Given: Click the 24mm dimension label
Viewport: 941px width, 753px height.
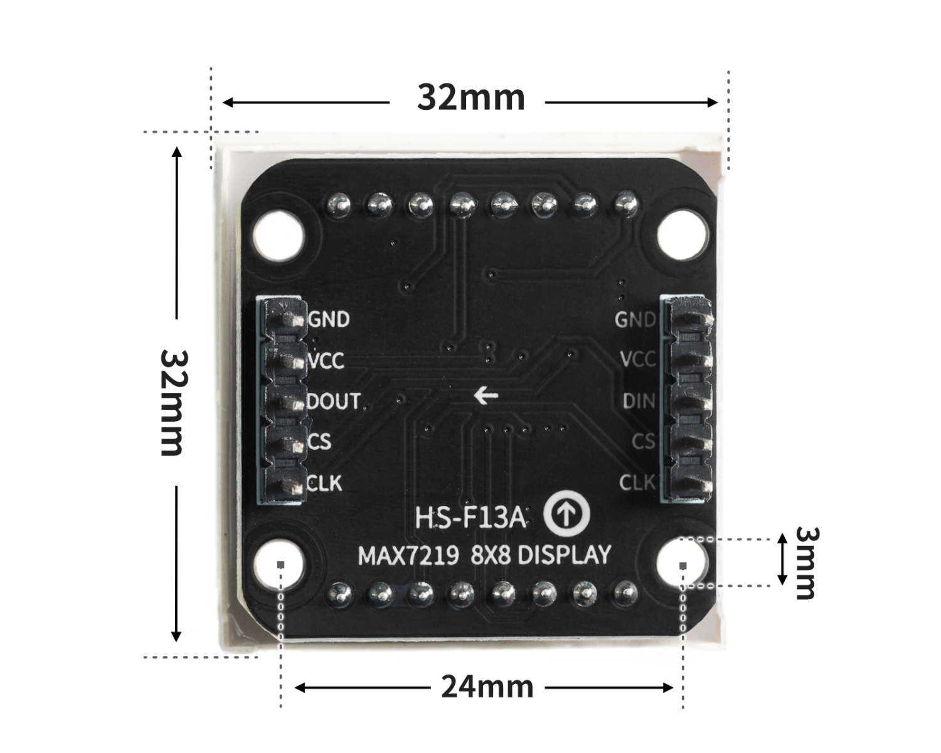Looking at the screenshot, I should click(x=487, y=687).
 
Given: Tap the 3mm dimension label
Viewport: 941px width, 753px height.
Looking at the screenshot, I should click(x=806, y=562).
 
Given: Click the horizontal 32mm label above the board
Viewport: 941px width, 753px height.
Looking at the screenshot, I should click(x=471, y=99).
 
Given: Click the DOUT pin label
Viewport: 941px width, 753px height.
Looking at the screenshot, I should click(x=334, y=402).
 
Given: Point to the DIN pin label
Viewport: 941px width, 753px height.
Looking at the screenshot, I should click(x=639, y=401).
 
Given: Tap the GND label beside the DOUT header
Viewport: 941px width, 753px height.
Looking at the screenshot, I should click(x=329, y=320).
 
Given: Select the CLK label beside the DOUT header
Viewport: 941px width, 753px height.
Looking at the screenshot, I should click(x=325, y=483).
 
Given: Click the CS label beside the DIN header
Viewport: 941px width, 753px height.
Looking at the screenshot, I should click(x=643, y=442).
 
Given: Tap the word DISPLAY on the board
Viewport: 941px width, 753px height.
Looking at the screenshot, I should click(x=564, y=555).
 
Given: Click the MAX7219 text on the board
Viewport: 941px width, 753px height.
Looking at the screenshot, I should click(x=408, y=556).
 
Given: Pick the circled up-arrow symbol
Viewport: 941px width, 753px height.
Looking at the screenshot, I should click(x=566, y=515).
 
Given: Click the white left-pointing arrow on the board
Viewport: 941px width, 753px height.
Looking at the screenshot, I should click(x=486, y=395).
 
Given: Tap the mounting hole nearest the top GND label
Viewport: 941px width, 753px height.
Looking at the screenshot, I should click(x=279, y=236).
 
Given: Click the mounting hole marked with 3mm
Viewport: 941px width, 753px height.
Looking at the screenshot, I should click(x=682, y=563).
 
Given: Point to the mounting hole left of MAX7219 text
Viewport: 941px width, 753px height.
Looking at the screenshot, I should click(x=279, y=563).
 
